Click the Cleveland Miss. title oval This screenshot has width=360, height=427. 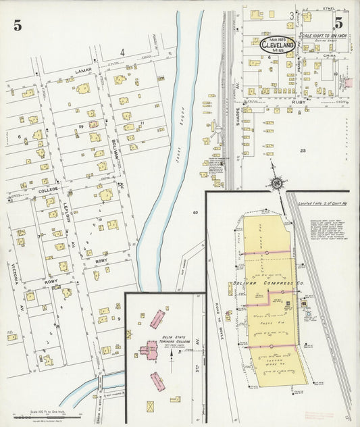(x=277, y=44)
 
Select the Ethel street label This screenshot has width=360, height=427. (x=330, y=9)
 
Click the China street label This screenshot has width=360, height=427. (x=330, y=56)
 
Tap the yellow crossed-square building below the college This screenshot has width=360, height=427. (x=150, y=406)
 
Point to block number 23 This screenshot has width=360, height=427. (x=303, y=150)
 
